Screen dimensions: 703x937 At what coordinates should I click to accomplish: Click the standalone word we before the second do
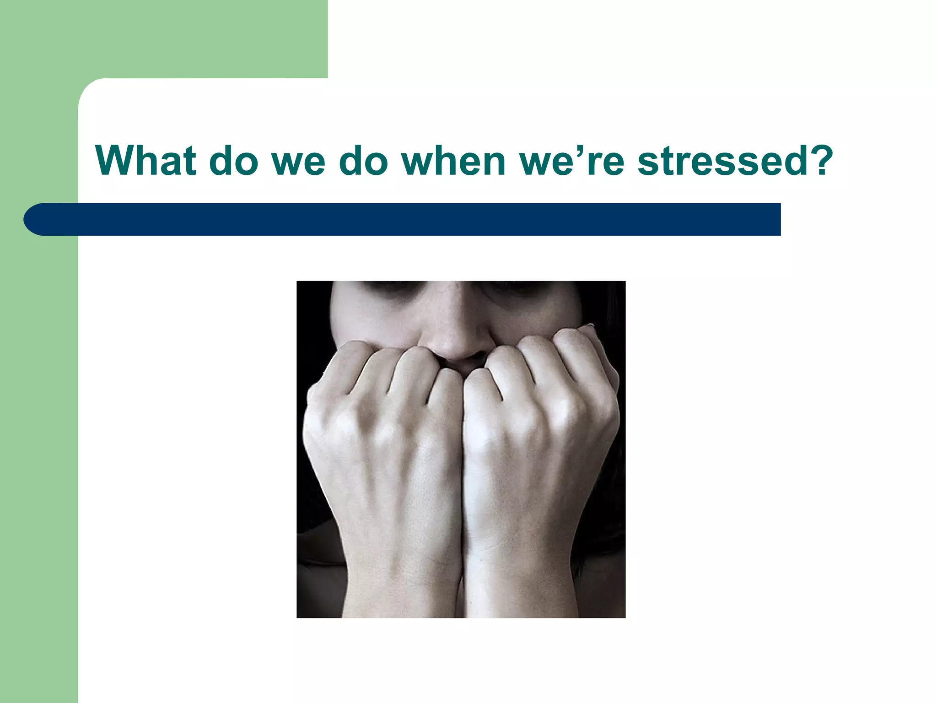298,161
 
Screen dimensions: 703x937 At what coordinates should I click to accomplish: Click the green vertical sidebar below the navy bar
39,458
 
